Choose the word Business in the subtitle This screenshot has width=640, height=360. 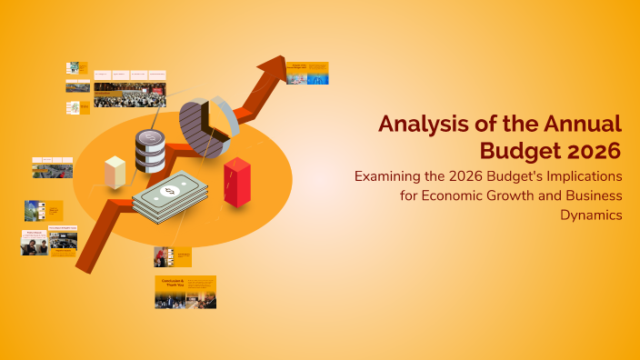click(x=587, y=195)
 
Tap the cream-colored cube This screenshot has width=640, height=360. click(x=115, y=173)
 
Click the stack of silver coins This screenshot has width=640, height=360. click(x=150, y=151)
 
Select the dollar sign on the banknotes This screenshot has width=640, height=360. click(x=170, y=192)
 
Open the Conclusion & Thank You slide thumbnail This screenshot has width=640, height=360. click(x=185, y=292)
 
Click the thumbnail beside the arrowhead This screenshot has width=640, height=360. click(x=307, y=73)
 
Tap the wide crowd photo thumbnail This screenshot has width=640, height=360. click(x=129, y=94)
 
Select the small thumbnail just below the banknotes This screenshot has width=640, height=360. click(x=172, y=256)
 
